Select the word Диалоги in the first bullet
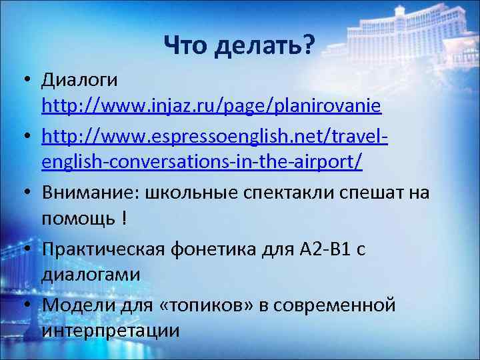(79, 81)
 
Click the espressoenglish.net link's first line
(215, 137)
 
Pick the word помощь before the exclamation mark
(77, 218)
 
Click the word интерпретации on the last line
(110, 330)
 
